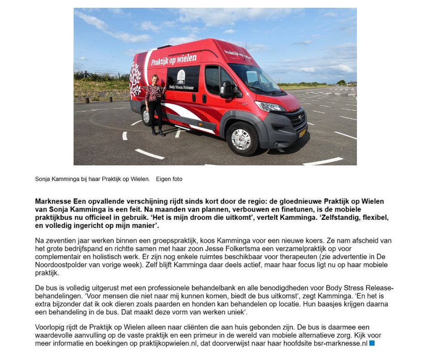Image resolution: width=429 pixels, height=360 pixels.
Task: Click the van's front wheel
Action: pos(242,139)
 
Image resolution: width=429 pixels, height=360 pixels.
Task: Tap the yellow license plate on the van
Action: pos(302,134)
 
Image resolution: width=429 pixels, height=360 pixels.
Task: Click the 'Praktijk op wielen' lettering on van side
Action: pos(173,59)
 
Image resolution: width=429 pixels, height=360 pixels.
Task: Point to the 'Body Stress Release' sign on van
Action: pos(181,80)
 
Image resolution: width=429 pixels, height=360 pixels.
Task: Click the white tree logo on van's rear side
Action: pos(135,80)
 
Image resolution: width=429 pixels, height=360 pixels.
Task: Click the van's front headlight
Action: pos(271,106)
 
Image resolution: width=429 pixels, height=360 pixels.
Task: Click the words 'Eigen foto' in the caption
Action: pos(169,179)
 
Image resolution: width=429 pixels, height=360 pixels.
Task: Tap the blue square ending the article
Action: pos(371,343)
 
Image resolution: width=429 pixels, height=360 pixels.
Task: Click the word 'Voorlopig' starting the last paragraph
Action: pos(50,327)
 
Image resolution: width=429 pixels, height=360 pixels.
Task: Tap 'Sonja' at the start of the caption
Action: pos(43,179)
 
